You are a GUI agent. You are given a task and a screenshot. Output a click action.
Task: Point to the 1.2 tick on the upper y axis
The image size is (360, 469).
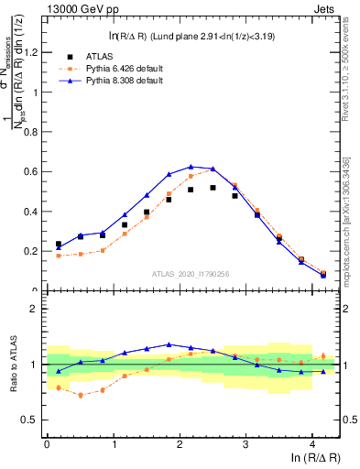point(32,52)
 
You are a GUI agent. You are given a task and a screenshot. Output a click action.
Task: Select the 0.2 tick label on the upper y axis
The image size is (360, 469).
point(32,251)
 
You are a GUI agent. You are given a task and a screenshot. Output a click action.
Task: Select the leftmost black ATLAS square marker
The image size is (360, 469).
point(59,245)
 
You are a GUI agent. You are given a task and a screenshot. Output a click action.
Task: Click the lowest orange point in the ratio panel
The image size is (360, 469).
point(81,395)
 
